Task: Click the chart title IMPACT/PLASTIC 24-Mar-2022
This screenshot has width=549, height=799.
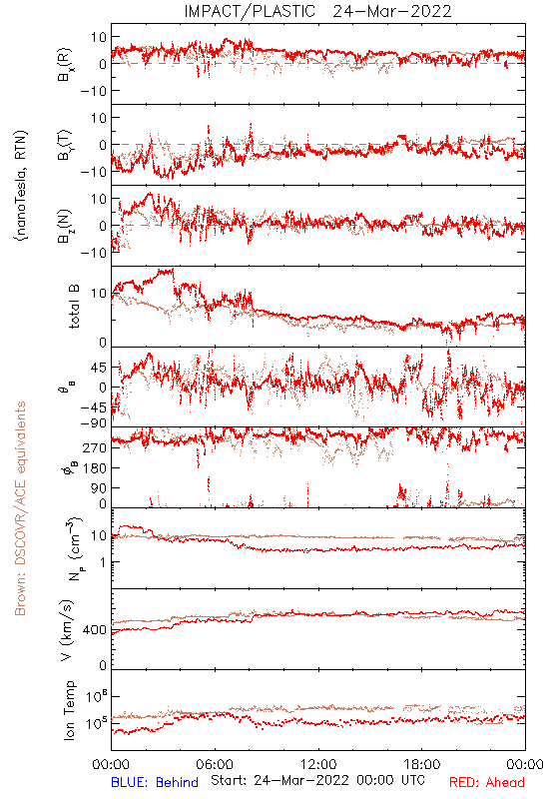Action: [317, 11]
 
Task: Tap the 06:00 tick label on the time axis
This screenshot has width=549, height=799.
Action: [215, 764]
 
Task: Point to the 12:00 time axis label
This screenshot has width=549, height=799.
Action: [318, 764]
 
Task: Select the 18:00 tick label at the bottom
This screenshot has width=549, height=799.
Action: [422, 764]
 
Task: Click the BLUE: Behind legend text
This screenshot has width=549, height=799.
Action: [155, 782]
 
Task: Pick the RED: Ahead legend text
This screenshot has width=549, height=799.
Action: [487, 782]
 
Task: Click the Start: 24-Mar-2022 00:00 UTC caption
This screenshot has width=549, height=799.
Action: [317, 780]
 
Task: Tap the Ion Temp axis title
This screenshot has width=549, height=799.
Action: [70, 710]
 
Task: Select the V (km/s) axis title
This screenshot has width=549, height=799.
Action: [68, 630]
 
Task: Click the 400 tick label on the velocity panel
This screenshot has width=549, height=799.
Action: [95, 630]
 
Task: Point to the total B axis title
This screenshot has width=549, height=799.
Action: [73, 307]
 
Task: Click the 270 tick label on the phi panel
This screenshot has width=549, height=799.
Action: [95, 447]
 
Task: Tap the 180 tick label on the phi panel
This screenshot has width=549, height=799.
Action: [95, 467]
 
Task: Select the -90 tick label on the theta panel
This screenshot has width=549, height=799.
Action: [93, 423]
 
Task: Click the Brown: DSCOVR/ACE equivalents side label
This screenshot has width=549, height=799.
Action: [20, 508]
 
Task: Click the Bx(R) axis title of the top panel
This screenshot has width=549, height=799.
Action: [65, 65]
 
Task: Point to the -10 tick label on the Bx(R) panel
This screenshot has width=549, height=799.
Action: [93, 91]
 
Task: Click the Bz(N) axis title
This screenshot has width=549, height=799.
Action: [65, 226]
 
